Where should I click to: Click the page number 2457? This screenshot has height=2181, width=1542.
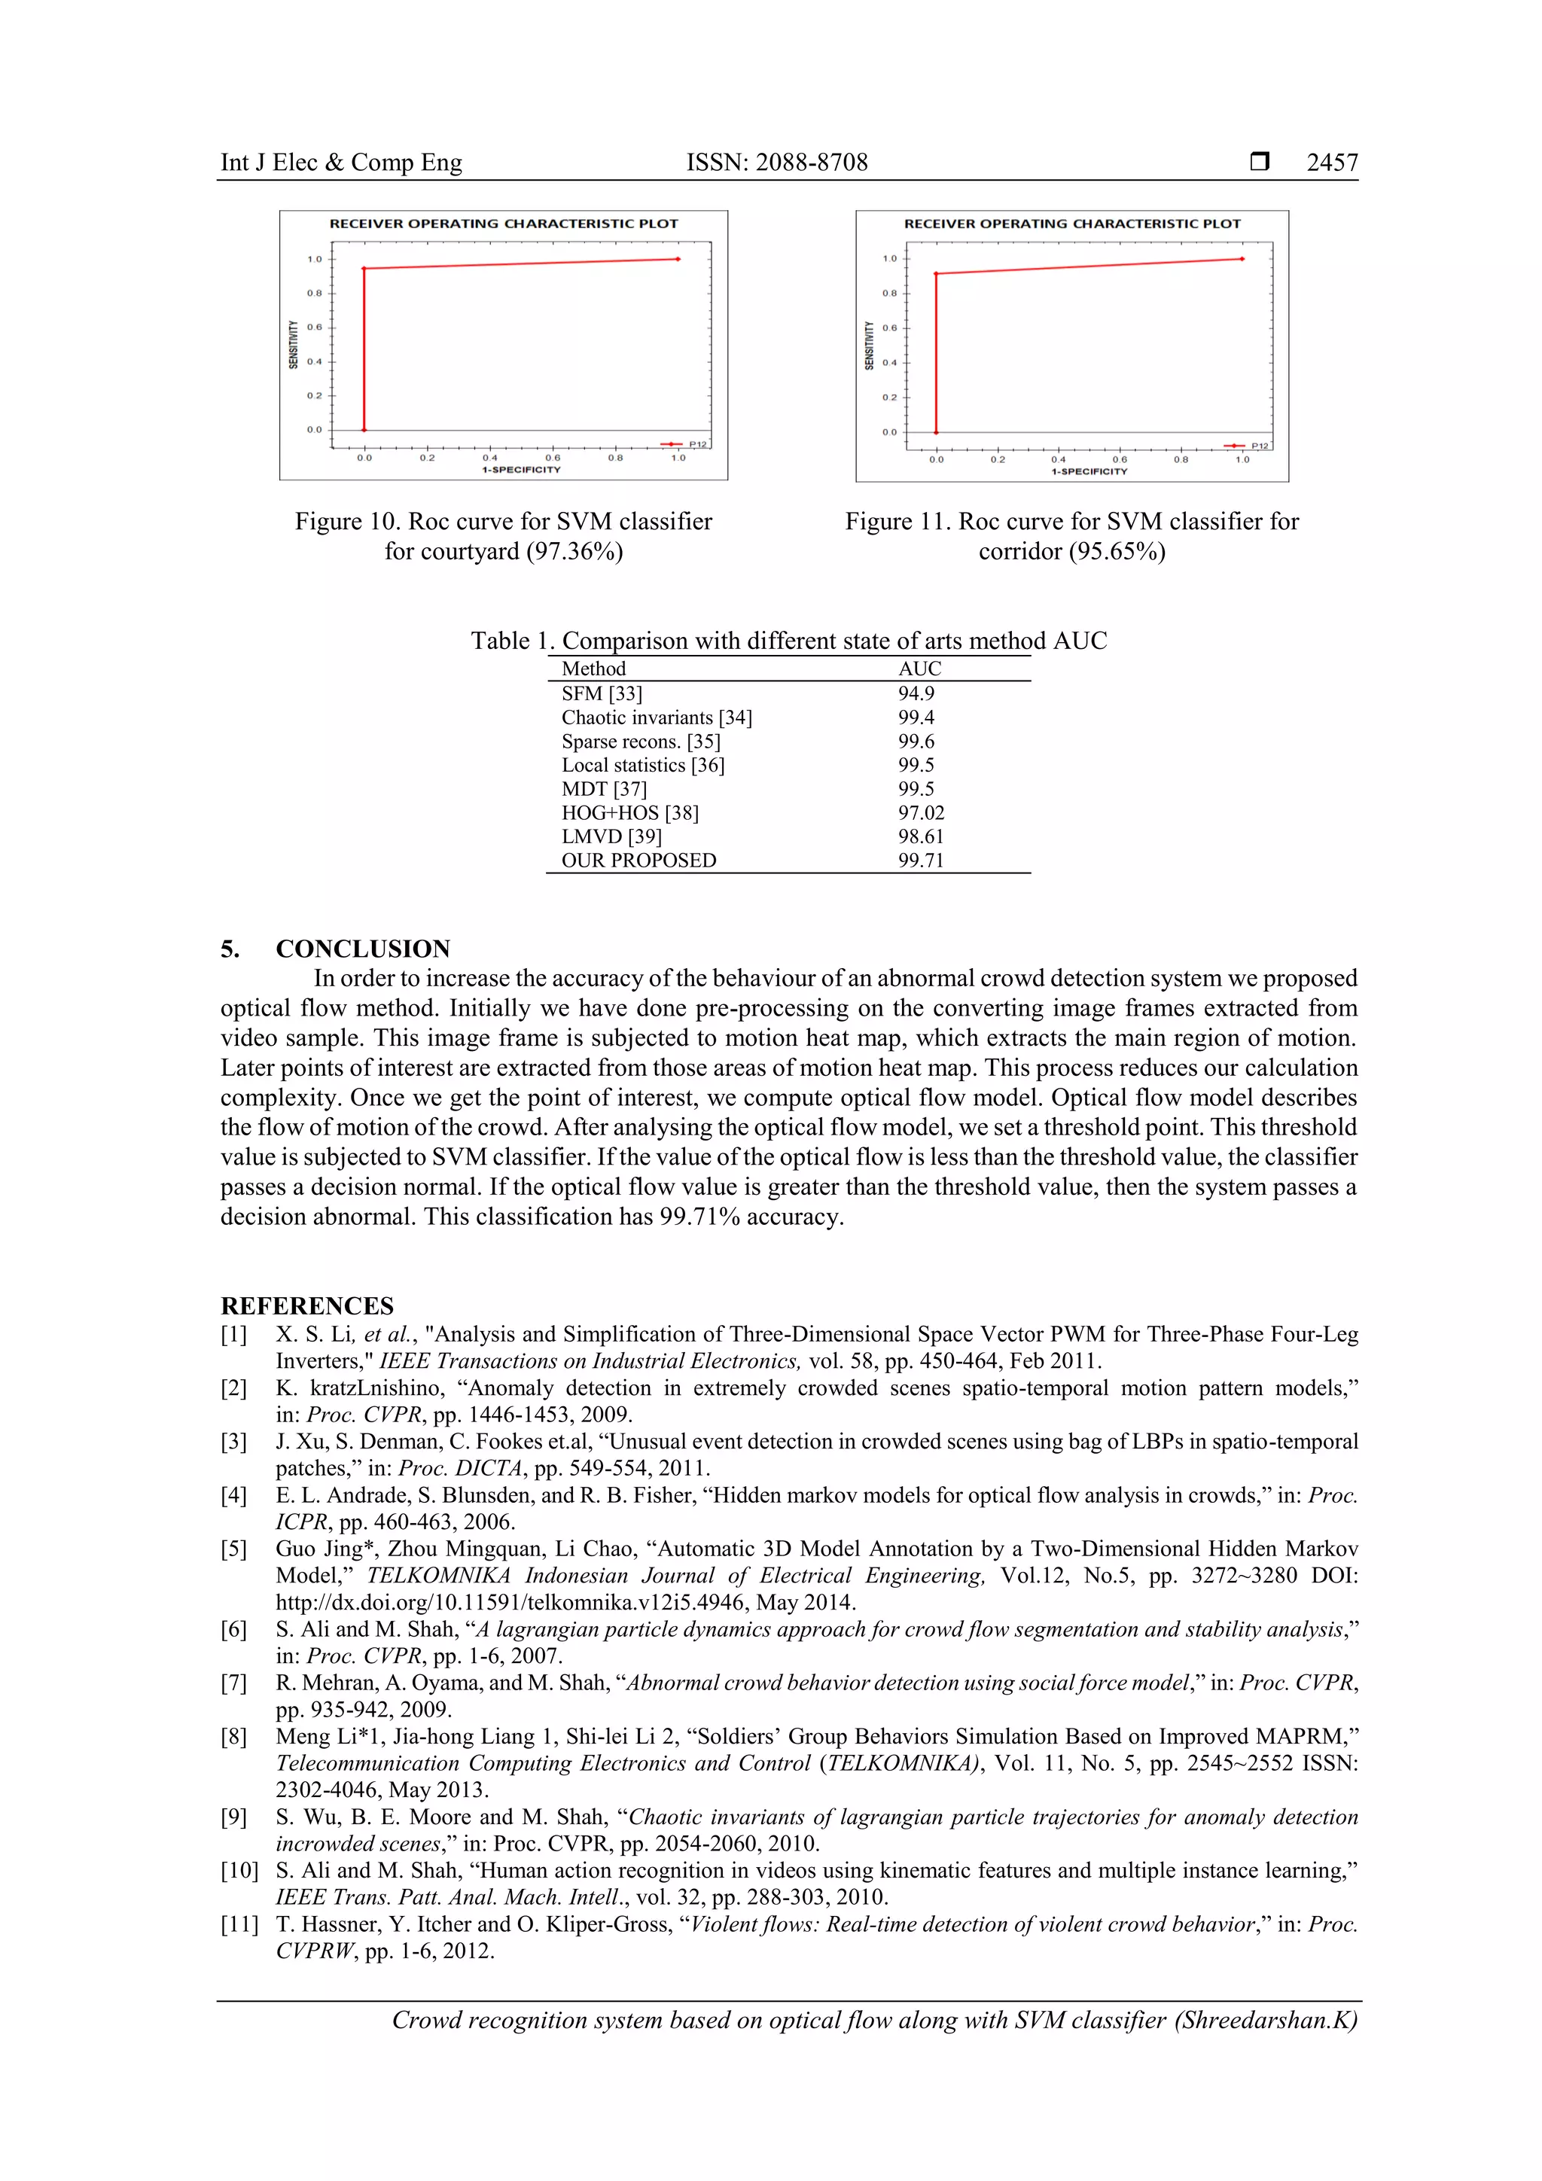(x=1331, y=163)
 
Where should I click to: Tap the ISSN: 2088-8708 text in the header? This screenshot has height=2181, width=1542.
(x=776, y=163)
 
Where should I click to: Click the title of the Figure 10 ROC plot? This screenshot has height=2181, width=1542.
(x=504, y=224)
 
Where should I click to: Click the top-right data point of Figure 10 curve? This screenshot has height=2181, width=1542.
(x=678, y=258)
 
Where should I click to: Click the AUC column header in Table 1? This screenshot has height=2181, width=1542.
(x=919, y=669)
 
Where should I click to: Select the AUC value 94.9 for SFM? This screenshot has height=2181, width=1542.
(x=916, y=693)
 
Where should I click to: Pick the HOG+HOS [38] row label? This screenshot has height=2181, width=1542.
(x=630, y=813)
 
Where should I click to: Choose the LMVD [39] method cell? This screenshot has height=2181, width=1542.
(x=611, y=837)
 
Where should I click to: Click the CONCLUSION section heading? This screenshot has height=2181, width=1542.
(x=362, y=948)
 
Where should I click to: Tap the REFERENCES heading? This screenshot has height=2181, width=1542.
(x=307, y=1305)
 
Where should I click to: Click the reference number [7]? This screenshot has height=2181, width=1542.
(x=233, y=1683)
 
